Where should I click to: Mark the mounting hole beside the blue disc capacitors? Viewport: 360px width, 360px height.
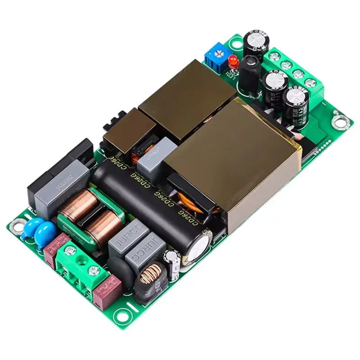(18, 222)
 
